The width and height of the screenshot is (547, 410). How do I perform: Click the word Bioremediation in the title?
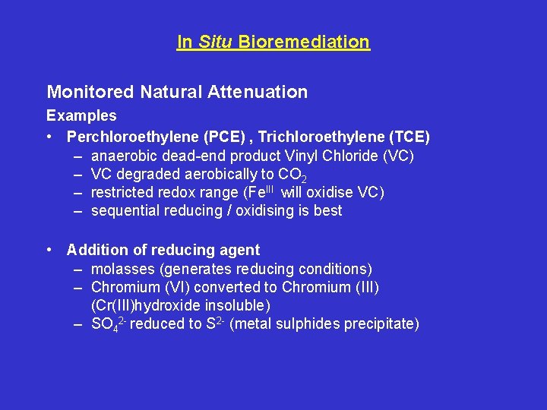(x=304, y=42)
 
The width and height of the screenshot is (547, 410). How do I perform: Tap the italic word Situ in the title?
(x=215, y=42)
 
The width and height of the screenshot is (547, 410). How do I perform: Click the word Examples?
(x=81, y=116)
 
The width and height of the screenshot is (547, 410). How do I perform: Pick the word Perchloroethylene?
(x=134, y=137)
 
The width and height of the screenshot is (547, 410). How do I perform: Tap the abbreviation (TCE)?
(x=409, y=137)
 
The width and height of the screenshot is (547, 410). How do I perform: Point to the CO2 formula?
(x=293, y=175)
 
